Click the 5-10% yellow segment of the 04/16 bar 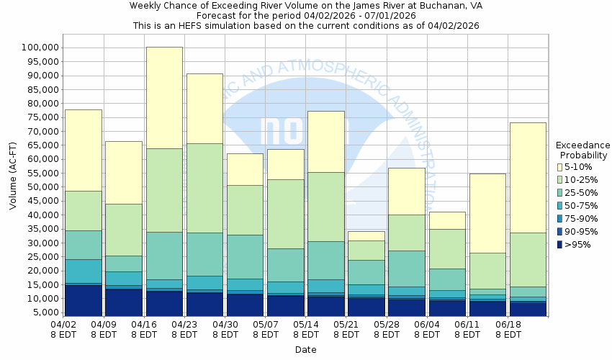point(164,97)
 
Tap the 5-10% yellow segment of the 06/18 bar point(528,177)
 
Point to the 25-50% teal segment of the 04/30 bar point(245,256)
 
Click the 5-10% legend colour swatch point(560,167)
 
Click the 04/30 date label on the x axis point(225,330)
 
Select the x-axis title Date point(305,350)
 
